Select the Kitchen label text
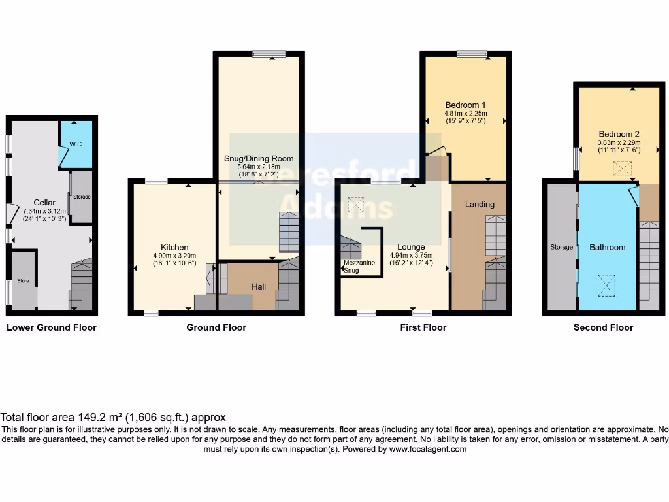click(x=174, y=247)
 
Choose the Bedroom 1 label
click(x=465, y=105)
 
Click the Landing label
click(x=480, y=204)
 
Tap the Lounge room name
click(x=412, y=247)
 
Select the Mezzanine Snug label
click(x=358, y=266)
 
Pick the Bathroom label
click(x=608, y=247)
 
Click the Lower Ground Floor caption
click(x=52, y=327)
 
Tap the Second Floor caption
click(x=603, y=327)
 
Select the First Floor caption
click(x=423, y=327)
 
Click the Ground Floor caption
click(x=216, y=327)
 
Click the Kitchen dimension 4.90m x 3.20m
click(x=174, y=256)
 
